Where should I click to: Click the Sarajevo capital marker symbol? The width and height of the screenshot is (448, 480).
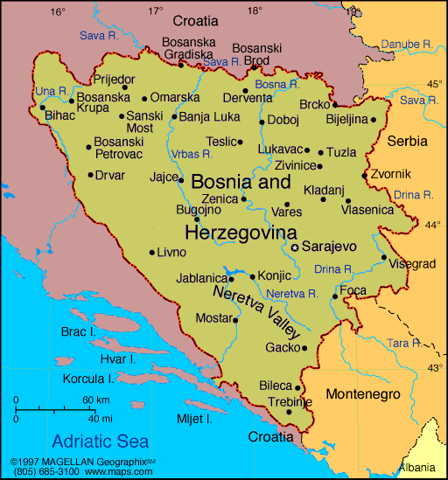coord(295,247)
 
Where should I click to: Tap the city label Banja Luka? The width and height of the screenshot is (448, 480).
coord(209,116)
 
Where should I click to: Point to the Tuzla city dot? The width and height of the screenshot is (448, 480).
coord(320,152)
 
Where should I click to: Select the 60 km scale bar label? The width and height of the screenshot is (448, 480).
coord(95,400)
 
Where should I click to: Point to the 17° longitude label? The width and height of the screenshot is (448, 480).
coord(155,11)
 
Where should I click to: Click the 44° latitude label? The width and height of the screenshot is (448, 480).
coord(433,225)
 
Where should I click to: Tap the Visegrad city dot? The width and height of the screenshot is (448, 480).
coord(383,257)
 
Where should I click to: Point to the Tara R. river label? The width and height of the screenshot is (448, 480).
coord(402,343)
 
